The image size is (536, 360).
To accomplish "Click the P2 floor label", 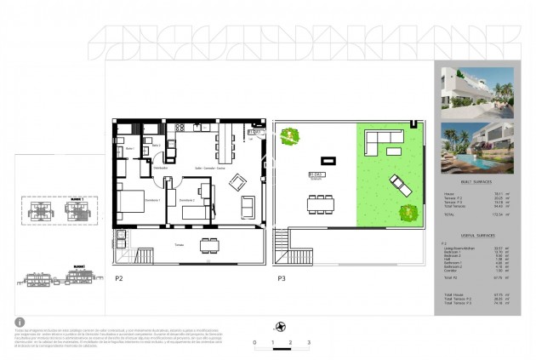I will (x=118, y=278).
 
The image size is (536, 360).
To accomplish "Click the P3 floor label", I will (x=280, y=278).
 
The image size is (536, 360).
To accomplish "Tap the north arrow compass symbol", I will (x=280, y=325).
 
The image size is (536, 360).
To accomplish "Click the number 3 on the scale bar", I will (x=309, y=341).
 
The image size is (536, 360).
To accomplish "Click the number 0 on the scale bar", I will (x=254, y=341).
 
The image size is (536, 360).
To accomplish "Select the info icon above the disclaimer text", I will (x=19, y=322).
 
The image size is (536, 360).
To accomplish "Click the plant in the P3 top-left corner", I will (x=291, y=134).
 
